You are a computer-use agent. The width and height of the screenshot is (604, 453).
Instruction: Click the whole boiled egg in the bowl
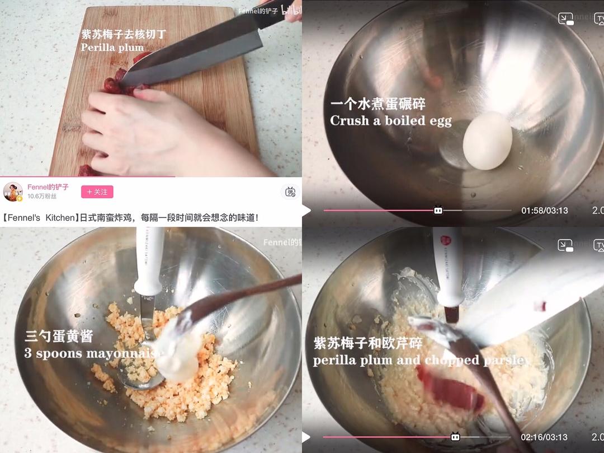point(488,140)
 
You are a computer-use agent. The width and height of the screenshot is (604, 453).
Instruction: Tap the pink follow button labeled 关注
point(97,192)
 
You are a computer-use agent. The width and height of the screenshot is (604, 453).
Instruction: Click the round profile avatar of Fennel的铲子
point(13,192)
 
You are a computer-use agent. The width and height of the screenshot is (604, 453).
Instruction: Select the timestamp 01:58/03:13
point(544,211)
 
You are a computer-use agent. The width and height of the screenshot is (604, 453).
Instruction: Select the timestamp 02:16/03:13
point(544,437)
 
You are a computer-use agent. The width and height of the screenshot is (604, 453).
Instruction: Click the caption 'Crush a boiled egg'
point(390,120)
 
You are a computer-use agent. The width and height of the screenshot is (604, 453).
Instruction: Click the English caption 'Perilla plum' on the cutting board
point(112,47)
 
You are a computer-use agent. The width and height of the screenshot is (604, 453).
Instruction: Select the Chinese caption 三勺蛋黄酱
point(59,337)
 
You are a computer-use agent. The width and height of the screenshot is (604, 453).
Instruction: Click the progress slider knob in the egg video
point(438,211)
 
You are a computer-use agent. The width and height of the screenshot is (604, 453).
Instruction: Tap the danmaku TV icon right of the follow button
point(290,192)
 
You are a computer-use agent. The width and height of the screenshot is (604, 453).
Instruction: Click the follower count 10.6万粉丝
point(42,197)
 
